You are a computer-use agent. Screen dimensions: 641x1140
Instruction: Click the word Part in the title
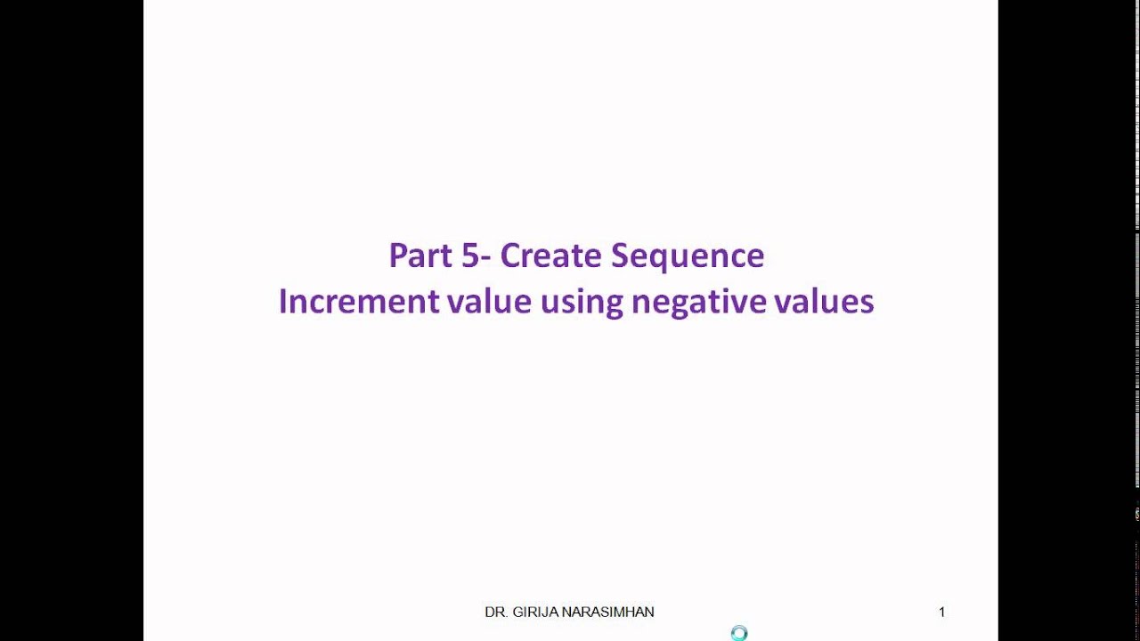420,256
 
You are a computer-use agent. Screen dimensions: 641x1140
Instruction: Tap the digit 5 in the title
470,256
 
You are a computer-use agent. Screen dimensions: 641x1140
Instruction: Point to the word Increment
359,302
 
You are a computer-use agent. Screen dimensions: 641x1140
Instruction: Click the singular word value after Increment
489,302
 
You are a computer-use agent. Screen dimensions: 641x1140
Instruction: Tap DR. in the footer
496,613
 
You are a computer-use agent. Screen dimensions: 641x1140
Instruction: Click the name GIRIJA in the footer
533,613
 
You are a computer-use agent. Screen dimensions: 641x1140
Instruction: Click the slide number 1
941,613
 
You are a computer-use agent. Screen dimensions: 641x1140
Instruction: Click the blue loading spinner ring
738,633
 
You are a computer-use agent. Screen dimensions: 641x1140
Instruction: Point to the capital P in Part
397,256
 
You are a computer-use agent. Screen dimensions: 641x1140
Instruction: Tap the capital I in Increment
282,302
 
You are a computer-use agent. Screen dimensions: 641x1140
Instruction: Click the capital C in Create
509,256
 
